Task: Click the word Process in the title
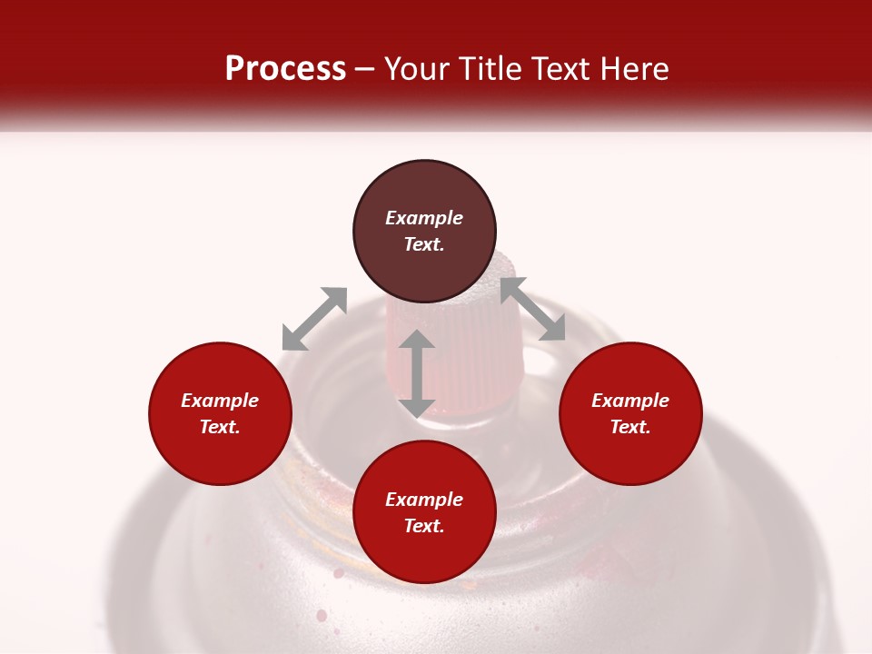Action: pos(285,69)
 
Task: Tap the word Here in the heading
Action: pos(632,69)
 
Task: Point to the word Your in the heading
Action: pos(414,69)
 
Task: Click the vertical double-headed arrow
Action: pos(417,373)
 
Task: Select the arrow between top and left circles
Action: pos(314,319)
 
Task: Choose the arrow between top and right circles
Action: pos(532,309)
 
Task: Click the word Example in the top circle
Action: pos(424,218)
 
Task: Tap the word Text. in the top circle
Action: pos(424,244)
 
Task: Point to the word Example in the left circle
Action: pos(220,401)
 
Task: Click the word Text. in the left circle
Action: pos(220,427)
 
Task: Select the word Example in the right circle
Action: pos(630,401)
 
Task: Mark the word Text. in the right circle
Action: pos(630,427)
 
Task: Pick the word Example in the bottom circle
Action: pos(424,500)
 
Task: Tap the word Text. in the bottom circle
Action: pos(424,526)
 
